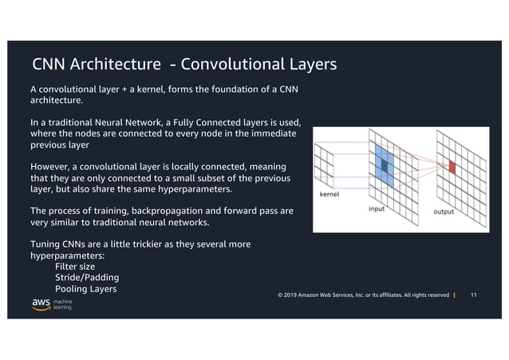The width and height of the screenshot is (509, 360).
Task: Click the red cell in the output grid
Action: point(451,167)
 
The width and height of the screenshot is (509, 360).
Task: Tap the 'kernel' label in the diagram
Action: point(330,193)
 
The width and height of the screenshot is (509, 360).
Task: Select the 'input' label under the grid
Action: point(377,208)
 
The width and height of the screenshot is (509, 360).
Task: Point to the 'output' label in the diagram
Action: point(444,212)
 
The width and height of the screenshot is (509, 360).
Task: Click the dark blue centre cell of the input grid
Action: point(385,165)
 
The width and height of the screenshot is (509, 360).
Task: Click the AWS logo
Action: point(41,304)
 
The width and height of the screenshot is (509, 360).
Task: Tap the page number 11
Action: point(475,296)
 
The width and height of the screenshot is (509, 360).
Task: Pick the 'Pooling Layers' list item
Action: point(85,288)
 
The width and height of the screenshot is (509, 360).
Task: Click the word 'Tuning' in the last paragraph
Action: point(46,243)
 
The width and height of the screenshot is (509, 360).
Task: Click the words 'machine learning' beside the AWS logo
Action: point(63,305)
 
